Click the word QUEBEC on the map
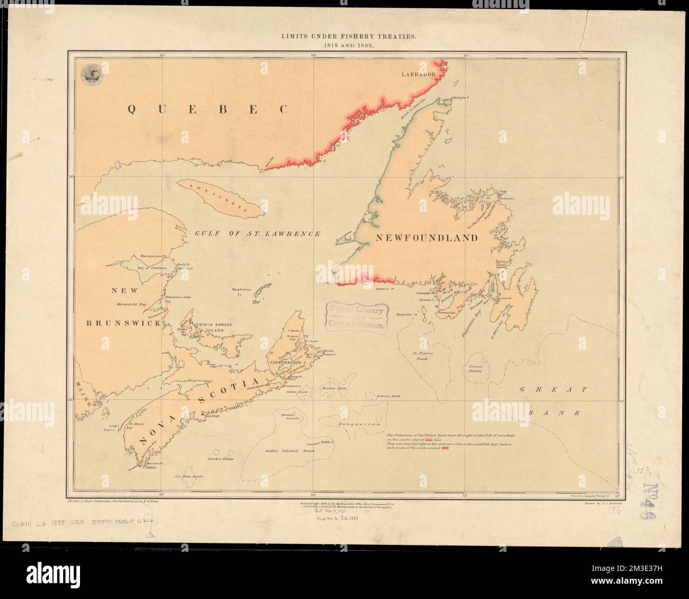point(208,109)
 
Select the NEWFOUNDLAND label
point(426,238)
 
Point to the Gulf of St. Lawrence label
point(257,233)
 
